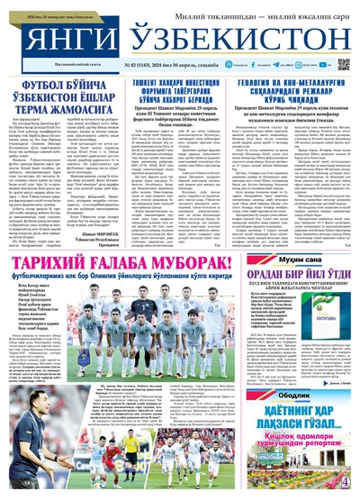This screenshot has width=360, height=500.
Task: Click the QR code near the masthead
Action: point(343,64)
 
